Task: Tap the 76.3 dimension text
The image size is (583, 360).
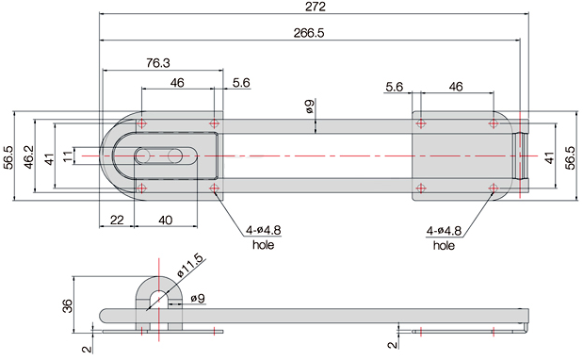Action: [158, 63]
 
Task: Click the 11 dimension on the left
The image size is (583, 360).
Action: [66, 155]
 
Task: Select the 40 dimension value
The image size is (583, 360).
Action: [165, 219]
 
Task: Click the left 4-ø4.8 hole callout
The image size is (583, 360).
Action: [262, 232]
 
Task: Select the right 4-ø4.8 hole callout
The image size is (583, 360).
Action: [445, 232]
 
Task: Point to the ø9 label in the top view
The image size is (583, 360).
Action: [310, 108]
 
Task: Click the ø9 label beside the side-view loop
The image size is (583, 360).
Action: [200, 299]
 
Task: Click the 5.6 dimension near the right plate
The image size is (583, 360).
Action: [394, 87]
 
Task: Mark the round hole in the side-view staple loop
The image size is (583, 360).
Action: [158, 298]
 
